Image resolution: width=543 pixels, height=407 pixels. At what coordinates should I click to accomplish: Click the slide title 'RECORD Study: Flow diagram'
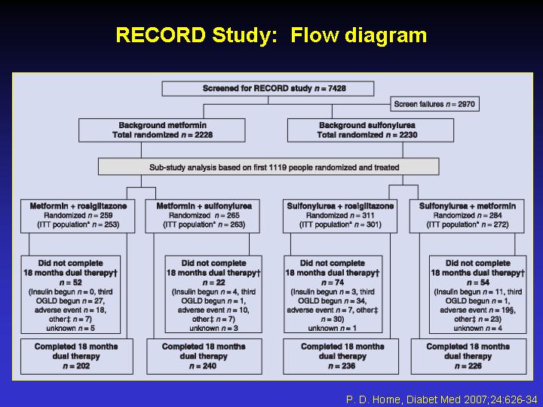click(271, 35)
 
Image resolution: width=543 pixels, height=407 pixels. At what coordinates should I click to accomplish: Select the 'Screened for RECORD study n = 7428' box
click(268, 89)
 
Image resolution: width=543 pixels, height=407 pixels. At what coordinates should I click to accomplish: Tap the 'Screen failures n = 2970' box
click(434, 104)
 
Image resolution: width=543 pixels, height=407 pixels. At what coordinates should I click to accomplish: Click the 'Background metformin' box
click(162, 130)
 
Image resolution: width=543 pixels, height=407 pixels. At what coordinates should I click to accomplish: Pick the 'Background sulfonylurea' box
click(370, 130)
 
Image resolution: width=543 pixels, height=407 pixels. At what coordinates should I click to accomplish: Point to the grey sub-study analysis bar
click(268, 167)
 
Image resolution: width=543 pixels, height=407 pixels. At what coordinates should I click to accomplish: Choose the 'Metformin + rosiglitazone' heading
click(78, 207)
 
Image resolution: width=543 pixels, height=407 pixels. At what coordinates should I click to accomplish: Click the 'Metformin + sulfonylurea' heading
click(204, 207)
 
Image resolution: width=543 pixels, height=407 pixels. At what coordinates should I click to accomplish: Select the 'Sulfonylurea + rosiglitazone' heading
click(340, 207)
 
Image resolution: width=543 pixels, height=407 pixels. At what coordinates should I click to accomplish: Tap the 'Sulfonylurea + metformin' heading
click(468, 207)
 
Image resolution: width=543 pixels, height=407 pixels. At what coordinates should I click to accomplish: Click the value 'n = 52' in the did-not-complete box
click(71, 283)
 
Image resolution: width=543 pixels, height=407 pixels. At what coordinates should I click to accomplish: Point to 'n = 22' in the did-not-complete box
click(213, 283)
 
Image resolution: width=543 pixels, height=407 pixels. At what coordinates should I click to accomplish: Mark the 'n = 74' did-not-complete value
click(333, 283)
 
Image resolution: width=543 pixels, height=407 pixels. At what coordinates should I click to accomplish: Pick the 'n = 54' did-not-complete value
click(478, 283)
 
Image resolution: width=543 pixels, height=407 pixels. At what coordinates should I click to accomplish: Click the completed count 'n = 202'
click(76, 366)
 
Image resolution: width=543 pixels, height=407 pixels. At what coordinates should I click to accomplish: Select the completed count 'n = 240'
click(204, 366)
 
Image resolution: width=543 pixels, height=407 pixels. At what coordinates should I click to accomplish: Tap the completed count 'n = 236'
click(342, 366)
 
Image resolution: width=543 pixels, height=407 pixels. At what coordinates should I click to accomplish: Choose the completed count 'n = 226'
click(468, 366)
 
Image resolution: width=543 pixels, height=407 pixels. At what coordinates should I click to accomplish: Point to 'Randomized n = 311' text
click(340, 216)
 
